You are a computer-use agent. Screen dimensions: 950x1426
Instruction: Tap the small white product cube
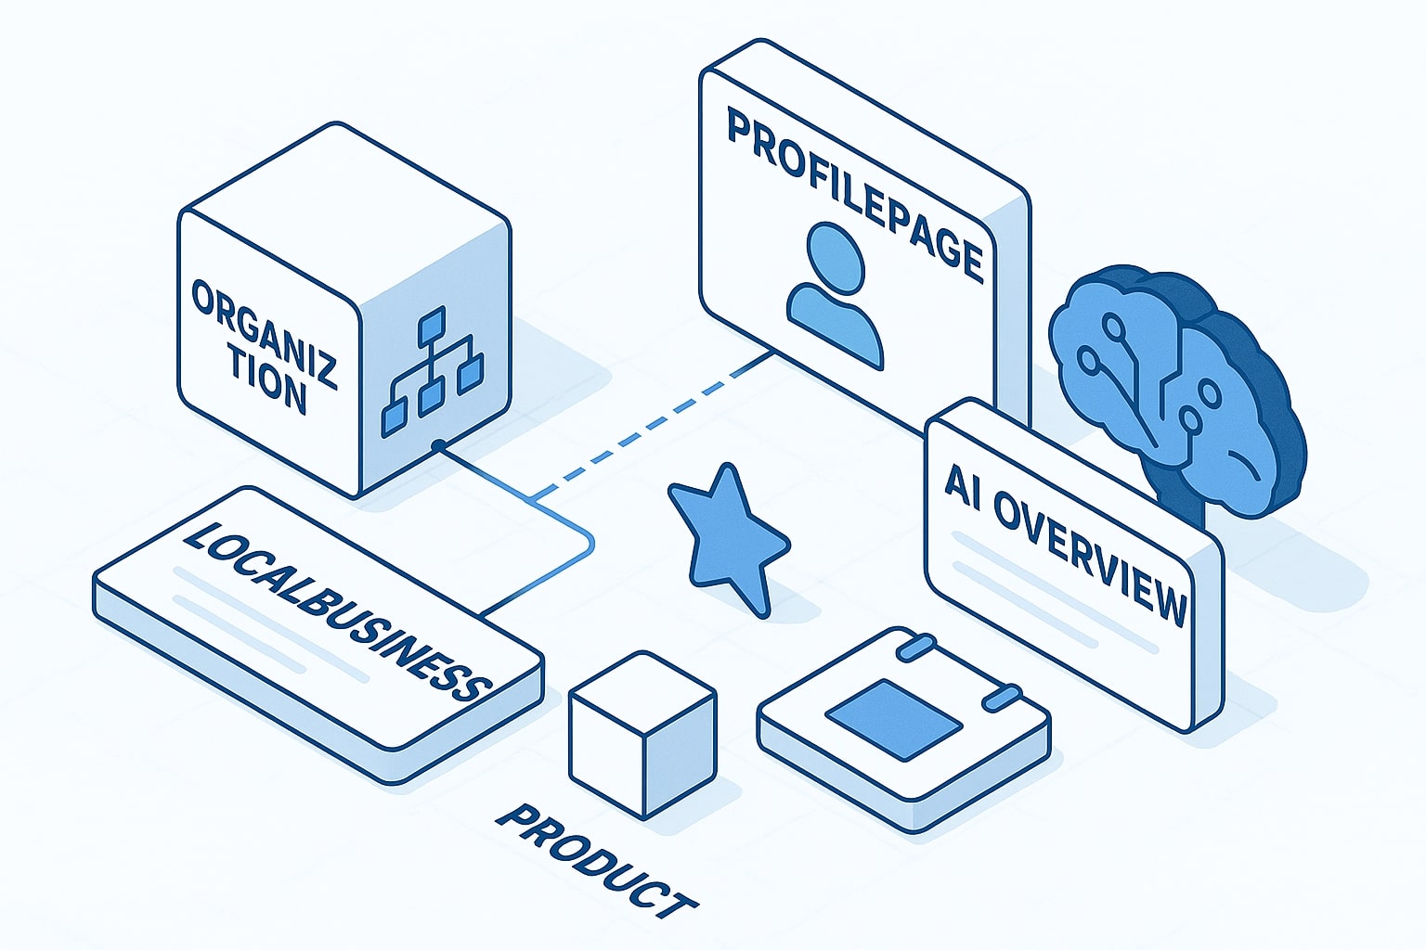click(x=642, y=733)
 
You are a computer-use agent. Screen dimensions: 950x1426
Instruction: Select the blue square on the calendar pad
click(x=893, y=719)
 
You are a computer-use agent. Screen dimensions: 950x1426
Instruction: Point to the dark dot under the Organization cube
click(x=437, y=447)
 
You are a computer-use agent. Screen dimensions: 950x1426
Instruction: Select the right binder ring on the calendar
click(x=1002, y=696)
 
